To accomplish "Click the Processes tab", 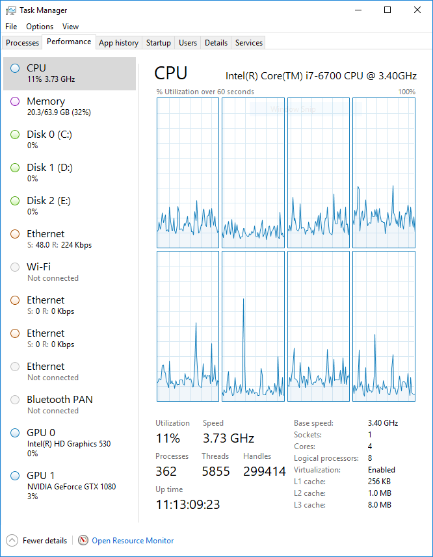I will coord(23,43).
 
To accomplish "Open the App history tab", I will coord(118,43).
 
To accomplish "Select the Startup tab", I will coord(158,43).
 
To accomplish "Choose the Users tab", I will coord(188,43).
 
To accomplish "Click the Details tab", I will coord(216,43).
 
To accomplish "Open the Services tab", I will coord(249,43).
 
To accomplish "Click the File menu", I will coord(11,27).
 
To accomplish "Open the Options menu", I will coord(40,27).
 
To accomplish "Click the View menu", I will coord(70,27).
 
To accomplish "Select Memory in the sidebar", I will coord(46,106).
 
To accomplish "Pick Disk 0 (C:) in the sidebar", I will coord(49,139).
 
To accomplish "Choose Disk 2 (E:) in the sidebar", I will coord(49,205).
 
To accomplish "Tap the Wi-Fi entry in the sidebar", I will coord(39,272).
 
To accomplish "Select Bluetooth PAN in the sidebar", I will coord(59,404).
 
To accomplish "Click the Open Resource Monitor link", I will coord(133,540).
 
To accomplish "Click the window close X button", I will coord(417,10).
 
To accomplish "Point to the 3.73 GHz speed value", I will coord(228,438).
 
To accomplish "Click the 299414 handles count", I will coord(264,471).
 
